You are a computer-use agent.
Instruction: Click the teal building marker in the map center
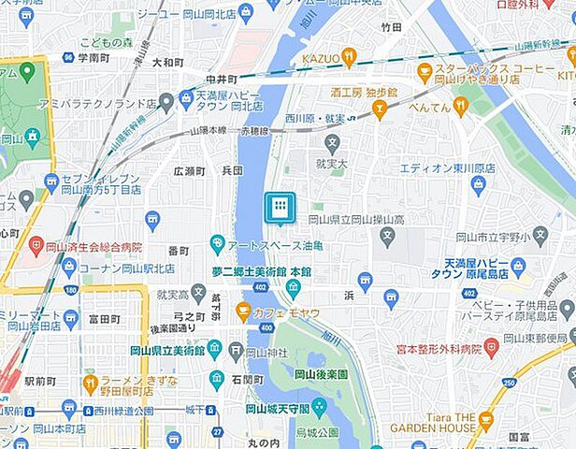tap(280, 208)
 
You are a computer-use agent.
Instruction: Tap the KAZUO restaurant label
tap(321, 58)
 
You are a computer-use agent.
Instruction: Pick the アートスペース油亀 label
tap(271, 245)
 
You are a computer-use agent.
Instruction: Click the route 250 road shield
tap(510, 382)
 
